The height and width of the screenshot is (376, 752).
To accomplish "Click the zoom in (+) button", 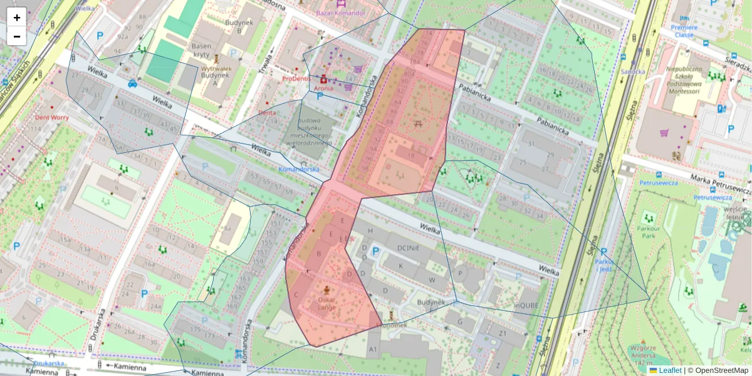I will point(16,17).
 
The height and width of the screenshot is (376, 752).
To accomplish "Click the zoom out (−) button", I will point(16,36).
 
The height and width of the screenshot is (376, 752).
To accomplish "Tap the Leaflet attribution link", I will point(669,370).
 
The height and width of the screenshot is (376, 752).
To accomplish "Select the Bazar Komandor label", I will point(340,13).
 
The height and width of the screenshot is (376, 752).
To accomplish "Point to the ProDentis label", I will point(297,79).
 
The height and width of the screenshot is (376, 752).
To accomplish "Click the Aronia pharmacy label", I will point(323,88).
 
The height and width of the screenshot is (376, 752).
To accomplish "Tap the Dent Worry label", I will point(51,117).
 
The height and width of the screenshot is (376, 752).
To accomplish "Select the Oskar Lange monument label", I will point(326,303).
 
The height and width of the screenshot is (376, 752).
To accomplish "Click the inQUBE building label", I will point(526,305).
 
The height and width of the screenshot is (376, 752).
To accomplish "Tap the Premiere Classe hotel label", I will point(684,31).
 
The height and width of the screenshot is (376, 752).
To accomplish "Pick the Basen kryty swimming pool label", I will point(201,50).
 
